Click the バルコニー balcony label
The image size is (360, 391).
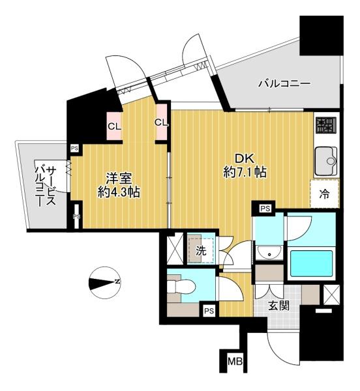(x=284, y=83)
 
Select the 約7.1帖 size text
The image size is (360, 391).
(x=245, y=172)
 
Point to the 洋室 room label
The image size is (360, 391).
(x=119, y=179)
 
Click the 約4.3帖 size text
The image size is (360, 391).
(x=119, y=192)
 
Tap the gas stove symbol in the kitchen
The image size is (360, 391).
(x=326, y=125)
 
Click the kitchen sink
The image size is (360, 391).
(x=327, y=161)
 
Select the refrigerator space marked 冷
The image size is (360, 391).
(x=325, y=194)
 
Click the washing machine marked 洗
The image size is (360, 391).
(x=201, y=248)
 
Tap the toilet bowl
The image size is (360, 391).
(x=181, y=287)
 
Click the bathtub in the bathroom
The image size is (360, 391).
(x=312, y=263)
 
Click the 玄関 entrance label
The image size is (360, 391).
(x=278, y=306)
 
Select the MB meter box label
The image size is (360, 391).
(x=235, y=361)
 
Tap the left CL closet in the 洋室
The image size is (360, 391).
(x=114, y=126)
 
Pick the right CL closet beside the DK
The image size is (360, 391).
(x=162, y=123)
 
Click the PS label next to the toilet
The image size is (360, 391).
(x=209, y=310)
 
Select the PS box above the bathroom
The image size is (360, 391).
(x=265, y=209)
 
